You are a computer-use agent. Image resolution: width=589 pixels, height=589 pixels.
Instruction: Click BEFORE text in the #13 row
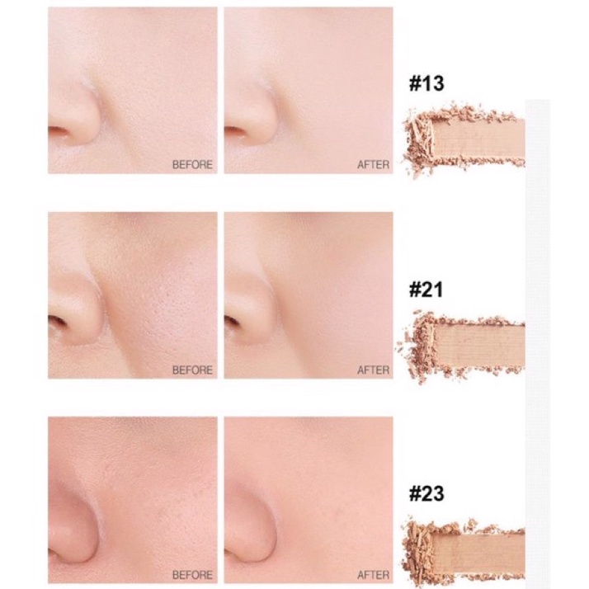click(192, 164)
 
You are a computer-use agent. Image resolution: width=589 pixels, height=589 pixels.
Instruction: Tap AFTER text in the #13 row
click(373, 164)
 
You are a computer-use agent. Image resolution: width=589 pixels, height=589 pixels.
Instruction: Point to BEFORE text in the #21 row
click(192, 370)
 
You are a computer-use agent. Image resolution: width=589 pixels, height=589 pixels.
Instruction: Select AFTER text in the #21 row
click(373, 370)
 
